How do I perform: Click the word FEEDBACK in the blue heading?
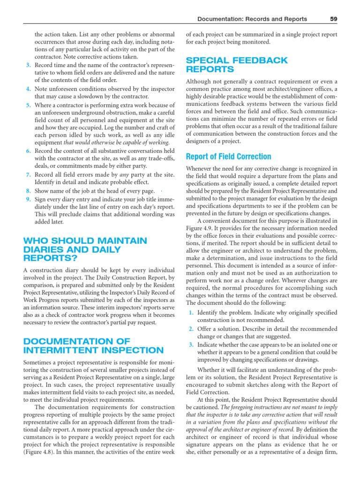point(259,60)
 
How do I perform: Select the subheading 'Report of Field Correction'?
point(228,157)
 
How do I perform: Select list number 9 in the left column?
point(29,199)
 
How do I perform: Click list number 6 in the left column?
point(29,150)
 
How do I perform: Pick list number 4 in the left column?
point(29,88)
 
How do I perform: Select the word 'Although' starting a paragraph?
point(199,82)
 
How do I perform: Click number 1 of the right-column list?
point(191,312)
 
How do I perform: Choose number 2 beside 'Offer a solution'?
point(191,329)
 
